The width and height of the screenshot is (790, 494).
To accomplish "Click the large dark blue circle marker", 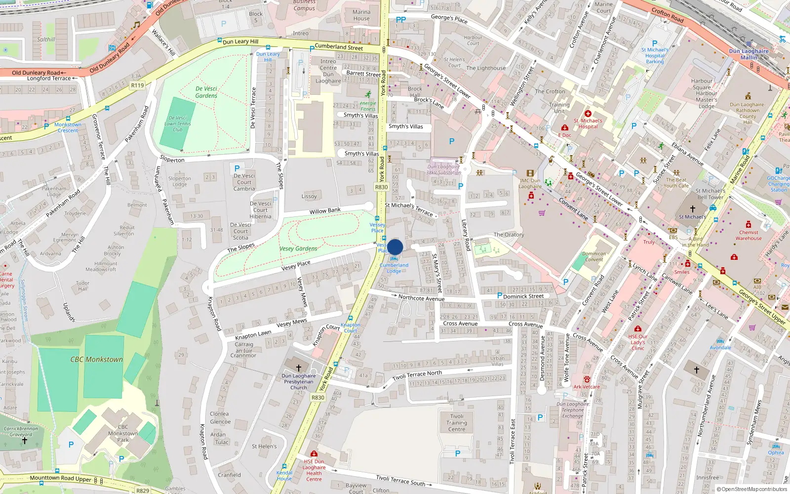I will click(x=395, y=247).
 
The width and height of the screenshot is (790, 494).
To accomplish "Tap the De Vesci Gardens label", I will click(x=206, y=92).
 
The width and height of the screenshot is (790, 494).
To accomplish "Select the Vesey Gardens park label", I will click(x=298, y=248).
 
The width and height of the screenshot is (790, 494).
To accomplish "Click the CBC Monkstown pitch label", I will click(x=96, y=360).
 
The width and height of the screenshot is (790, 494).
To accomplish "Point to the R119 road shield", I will click(x=137, y=85).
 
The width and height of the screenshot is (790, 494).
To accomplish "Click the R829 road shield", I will click(x=143, y=491).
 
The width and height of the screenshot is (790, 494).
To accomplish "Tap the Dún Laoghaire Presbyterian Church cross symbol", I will click(x=298, y=368).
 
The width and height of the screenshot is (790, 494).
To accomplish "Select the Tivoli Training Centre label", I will click(x=457, y=423).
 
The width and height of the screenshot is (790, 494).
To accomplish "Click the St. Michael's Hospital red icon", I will click(x=588, y=114).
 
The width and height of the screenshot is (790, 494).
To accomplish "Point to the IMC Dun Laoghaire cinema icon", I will click(x=530, y=173).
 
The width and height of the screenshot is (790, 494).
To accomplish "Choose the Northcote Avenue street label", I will click(x=421, y=298).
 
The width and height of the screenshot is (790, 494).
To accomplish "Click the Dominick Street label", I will click(x=523, y=296).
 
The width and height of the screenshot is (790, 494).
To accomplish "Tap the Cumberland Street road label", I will click(x=339, y=47).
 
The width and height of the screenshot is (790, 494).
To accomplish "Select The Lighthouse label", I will click(x=486, y=68).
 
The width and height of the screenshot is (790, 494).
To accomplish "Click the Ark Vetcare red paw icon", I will click(x=587, y=379).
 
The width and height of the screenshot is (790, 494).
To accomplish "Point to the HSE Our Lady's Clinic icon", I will click(x=637, y=329).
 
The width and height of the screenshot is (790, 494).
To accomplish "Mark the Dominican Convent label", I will click(x=594, y=256).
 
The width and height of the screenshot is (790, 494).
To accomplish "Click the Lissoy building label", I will click(x=309, y=197).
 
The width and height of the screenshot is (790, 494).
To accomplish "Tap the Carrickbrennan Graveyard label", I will click(x=21, y=432).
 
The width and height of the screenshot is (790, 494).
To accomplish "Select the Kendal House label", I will click(x=284, y=475).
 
